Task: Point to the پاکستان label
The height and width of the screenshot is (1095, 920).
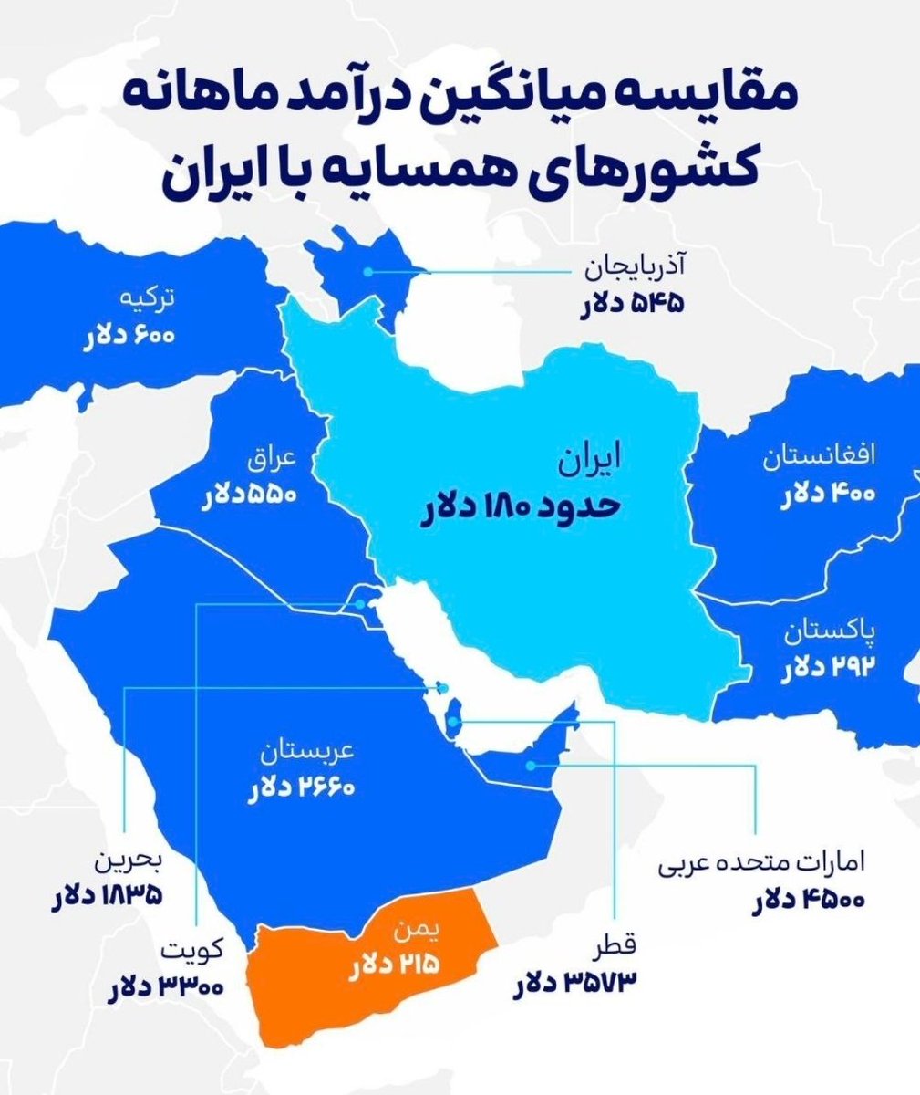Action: pos(824,630)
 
